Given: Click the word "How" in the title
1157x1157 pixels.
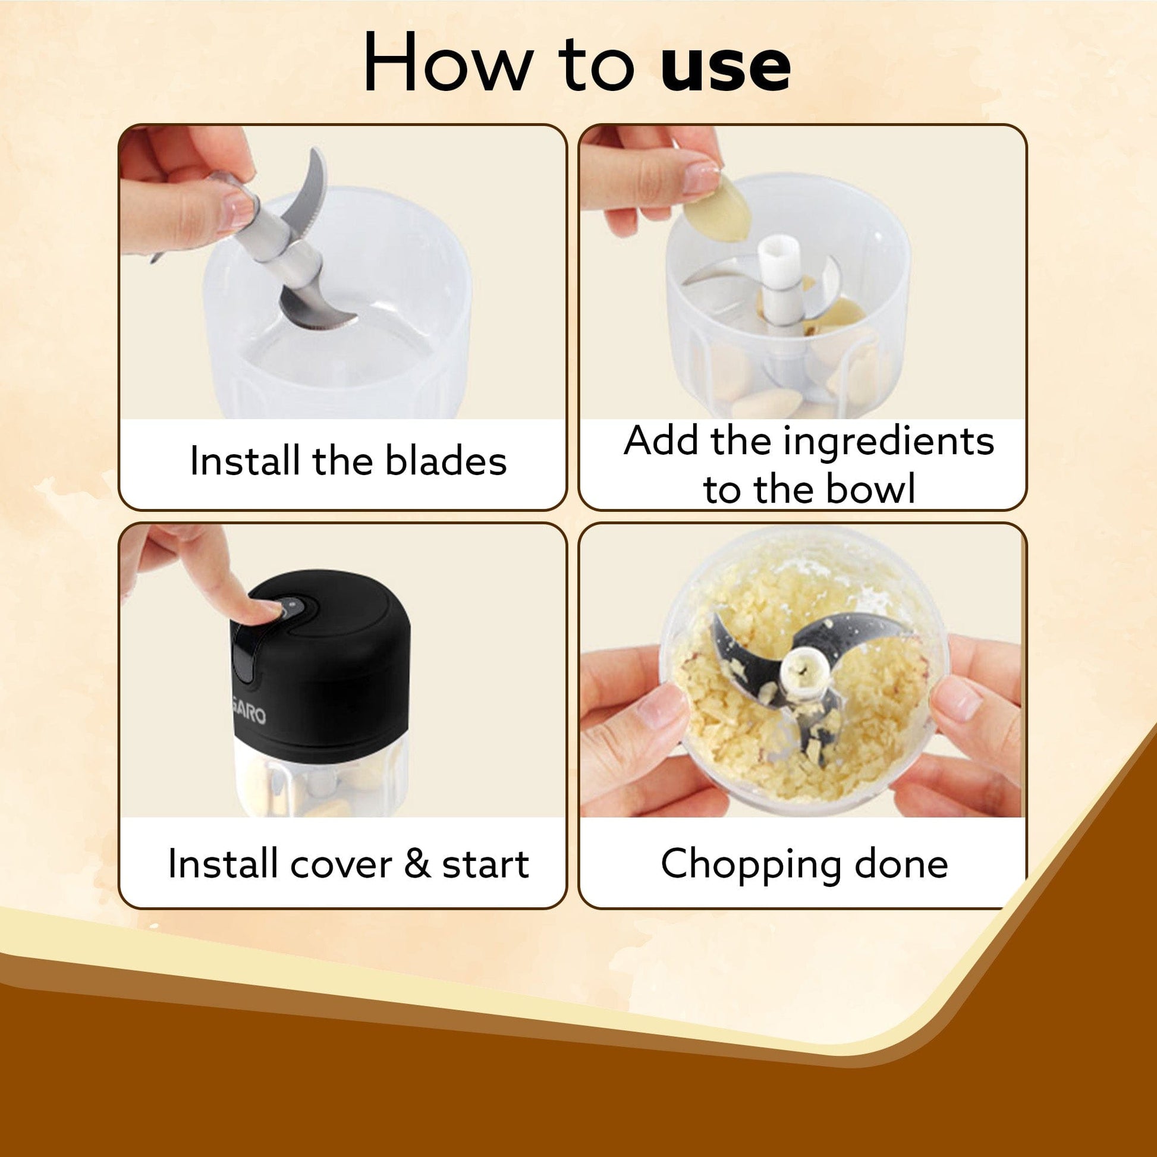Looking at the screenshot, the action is point(448,62).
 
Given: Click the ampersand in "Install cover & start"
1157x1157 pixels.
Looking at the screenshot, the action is point(417,864).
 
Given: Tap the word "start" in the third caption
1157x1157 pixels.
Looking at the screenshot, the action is point(485,864).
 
